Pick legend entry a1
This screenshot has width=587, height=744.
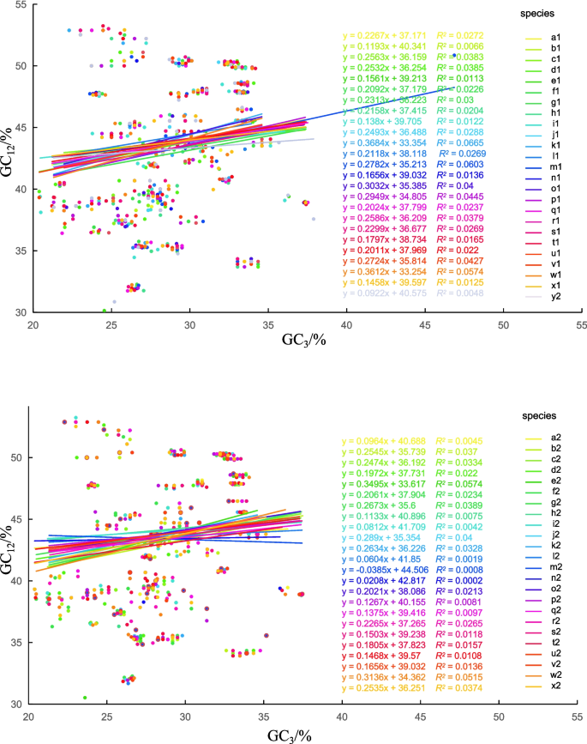coord(555,38)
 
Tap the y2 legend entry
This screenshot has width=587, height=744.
coord(555,298)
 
